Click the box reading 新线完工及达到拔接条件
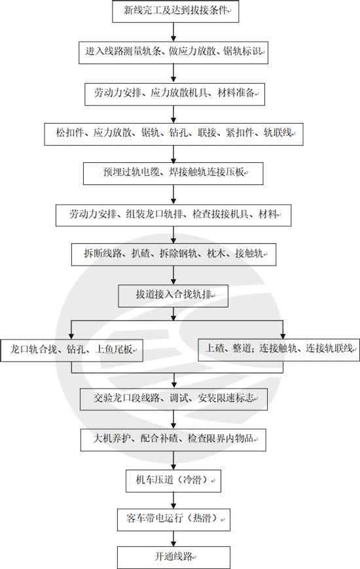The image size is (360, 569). click(173, 11)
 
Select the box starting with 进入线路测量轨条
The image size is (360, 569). click(173, 52)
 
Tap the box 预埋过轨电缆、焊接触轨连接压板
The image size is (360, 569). click(173, 173)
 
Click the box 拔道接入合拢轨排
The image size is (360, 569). click(173, 295)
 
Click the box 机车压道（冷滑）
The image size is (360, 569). click(173, 481)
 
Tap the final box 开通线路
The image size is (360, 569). click(173, 557)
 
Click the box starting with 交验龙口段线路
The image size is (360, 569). click(173, 398)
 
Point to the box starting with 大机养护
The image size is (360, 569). click(173, 439)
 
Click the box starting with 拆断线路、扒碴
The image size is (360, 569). click(173, 253)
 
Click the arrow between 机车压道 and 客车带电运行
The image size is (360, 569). click(173, 500)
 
